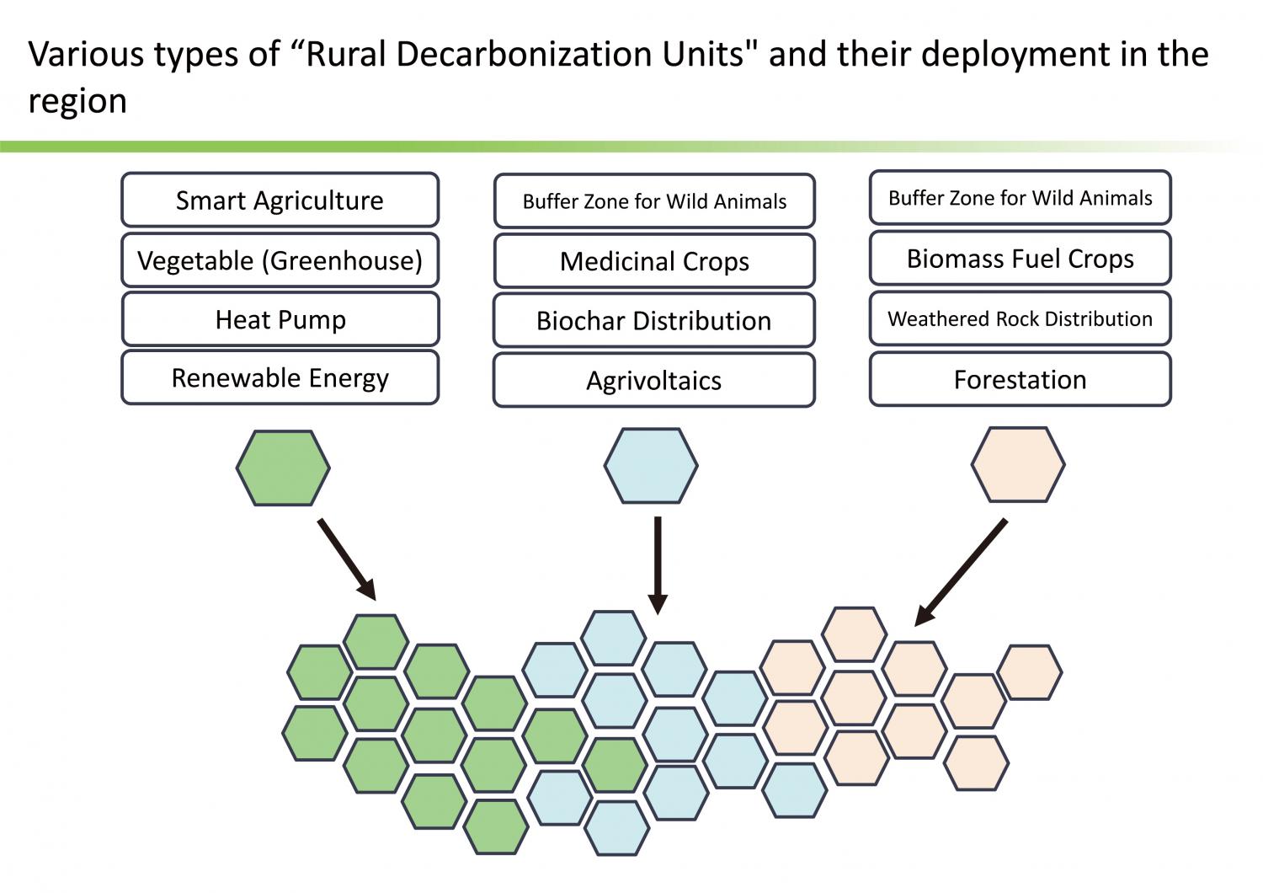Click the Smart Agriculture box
click(x=280, y=200)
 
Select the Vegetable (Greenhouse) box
click(x=280, y=260)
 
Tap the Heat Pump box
click(x=280, y=318)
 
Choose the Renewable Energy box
click(x=280, y=377)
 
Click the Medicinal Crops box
click(x=654, y=260)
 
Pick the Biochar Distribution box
click(x=653, y=320)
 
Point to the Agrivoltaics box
click(x=653, y=380)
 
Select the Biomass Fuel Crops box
click(x=1020, y=258)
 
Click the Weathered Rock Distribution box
click(x=1020, y=318)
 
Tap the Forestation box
click(x=1020, y=378)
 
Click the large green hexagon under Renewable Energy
click(x=283, y=468)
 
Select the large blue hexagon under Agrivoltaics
click(x=651, y=465)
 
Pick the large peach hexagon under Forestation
click(x=1018, y=464)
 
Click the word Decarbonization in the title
click(x=525, y=55)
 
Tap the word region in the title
click(x=77, y=102)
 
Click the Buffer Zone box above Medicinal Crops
click(x=654, y=201)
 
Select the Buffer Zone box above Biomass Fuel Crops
click(x=1020, y=197)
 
